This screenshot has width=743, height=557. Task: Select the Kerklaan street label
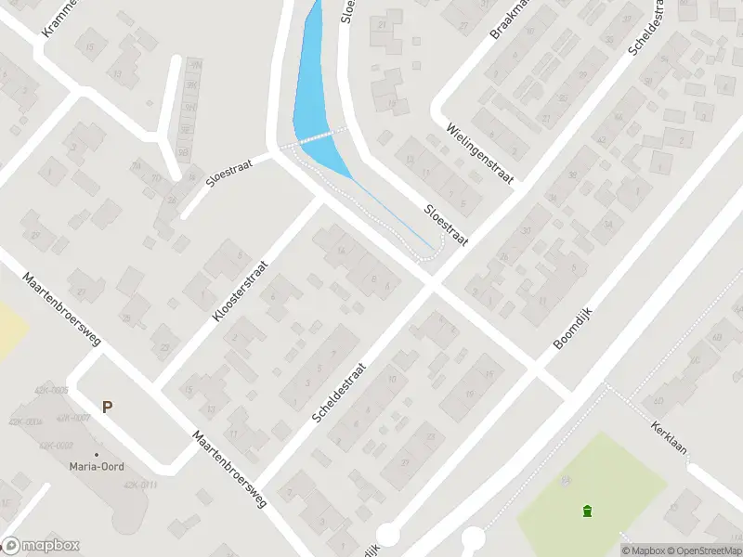pyautogui.click(x=669, y=434)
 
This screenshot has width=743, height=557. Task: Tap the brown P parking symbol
pyautogui.click(x=108, y=407)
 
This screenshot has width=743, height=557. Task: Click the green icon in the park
pyautogui.click(x=586, y=511)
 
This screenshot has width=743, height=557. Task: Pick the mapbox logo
pyautogui.click(x=41, y=546)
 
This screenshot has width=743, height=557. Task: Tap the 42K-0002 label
pyautogui.click(x=56, y=447)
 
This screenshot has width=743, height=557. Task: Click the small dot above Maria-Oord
pyautogui.click(x=96, y=454)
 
